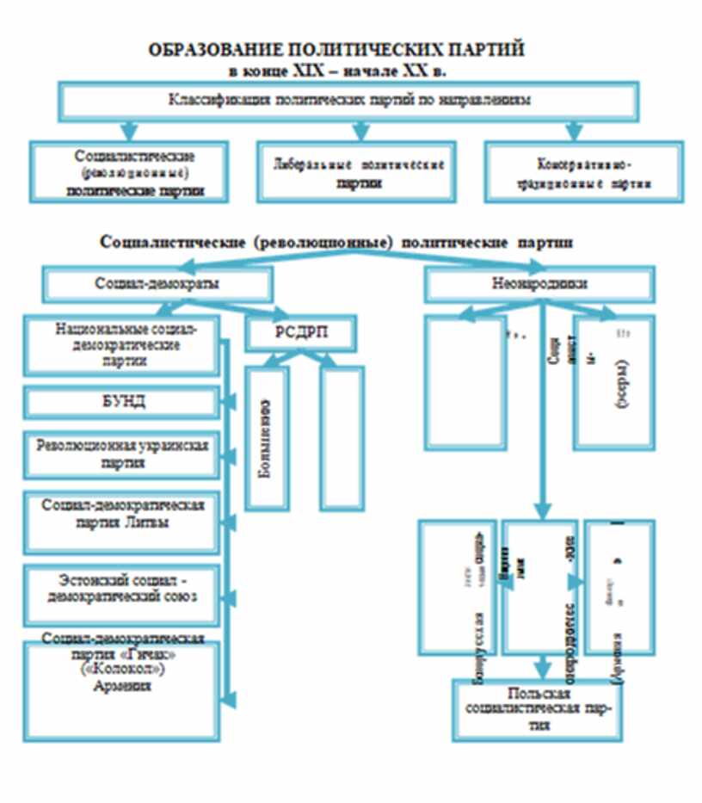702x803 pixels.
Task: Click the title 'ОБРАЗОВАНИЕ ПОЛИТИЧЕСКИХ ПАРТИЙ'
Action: (x=336, y=51)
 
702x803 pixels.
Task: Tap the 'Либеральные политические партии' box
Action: (x=359, y=172)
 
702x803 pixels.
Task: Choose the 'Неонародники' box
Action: (x=539, y=283)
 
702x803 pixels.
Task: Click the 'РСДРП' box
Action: (x=300, y=335)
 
